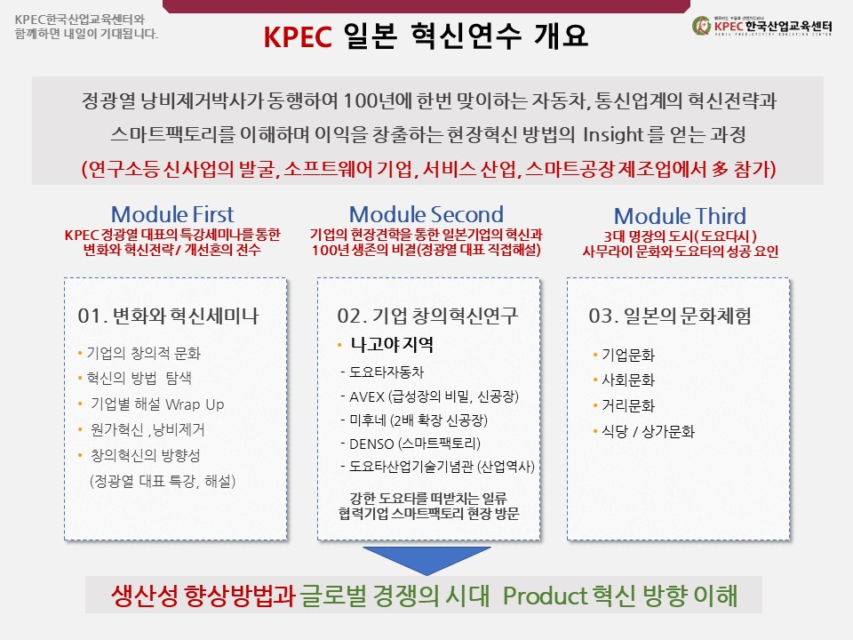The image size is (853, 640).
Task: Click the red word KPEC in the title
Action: pos(298,36)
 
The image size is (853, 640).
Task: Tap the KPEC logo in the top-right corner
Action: pos(761,26)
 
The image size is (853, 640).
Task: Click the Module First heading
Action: pos(172,214)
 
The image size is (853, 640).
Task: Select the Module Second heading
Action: pos(426,214)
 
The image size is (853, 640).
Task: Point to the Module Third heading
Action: pos(680,216)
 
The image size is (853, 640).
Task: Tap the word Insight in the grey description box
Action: pos(613,134)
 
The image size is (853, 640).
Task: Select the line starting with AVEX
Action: pos(430,396)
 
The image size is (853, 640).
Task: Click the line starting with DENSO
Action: pos(411,444)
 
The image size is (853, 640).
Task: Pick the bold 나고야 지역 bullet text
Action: pos(392,345)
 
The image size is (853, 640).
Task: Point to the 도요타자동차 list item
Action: pos(382,372)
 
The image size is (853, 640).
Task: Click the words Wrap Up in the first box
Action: pos(195,404)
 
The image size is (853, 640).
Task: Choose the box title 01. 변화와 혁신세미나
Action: pos(168,316)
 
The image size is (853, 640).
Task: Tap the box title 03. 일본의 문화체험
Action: pos(670,316)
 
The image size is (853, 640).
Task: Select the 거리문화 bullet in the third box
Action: pos(628,405)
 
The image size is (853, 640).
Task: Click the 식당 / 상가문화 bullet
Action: pos(648,432)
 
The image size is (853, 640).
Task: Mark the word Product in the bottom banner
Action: pos(545,596)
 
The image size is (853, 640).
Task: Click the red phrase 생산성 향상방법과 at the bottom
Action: pos(203,596)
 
